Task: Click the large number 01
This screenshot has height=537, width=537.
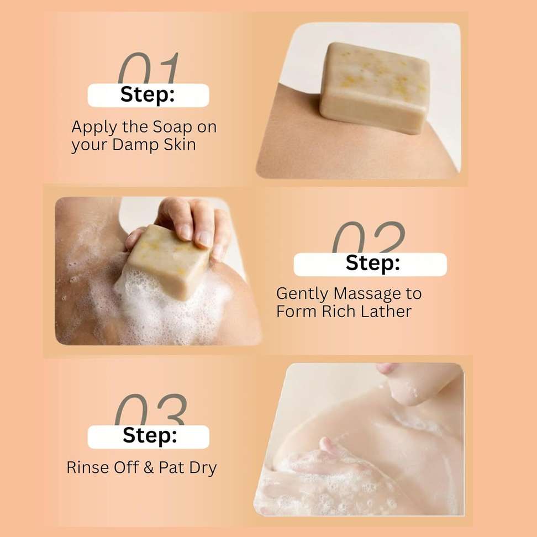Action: [x=148, y=68]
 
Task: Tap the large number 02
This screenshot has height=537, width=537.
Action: [x=368, y=237]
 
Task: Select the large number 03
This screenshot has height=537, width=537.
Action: [x=151, y=409]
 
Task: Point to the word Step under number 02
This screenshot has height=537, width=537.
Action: [x=372, y=263]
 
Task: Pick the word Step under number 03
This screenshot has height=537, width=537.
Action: [x=150, y=436]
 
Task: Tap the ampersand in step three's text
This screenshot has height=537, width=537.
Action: [x=149, y=467]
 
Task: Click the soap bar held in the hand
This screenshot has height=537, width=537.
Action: [x=169, y=261]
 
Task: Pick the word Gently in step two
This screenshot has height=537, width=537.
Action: [x=302, y=294]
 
